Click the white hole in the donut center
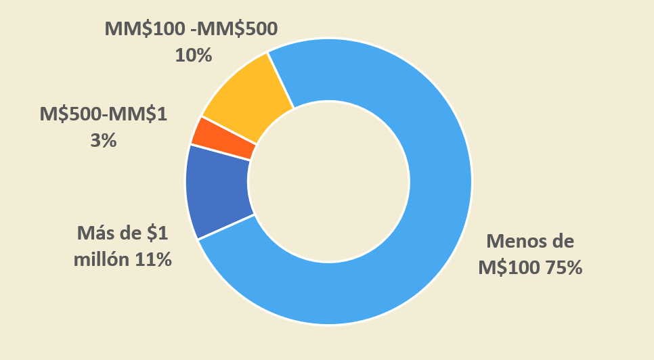click(328, 183)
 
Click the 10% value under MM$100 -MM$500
click(194, 55)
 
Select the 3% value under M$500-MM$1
click(103, 140)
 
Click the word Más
click(91, 234)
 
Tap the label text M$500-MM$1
click(103, 114)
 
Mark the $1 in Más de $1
click(156, 234)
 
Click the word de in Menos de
click(562, 241)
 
